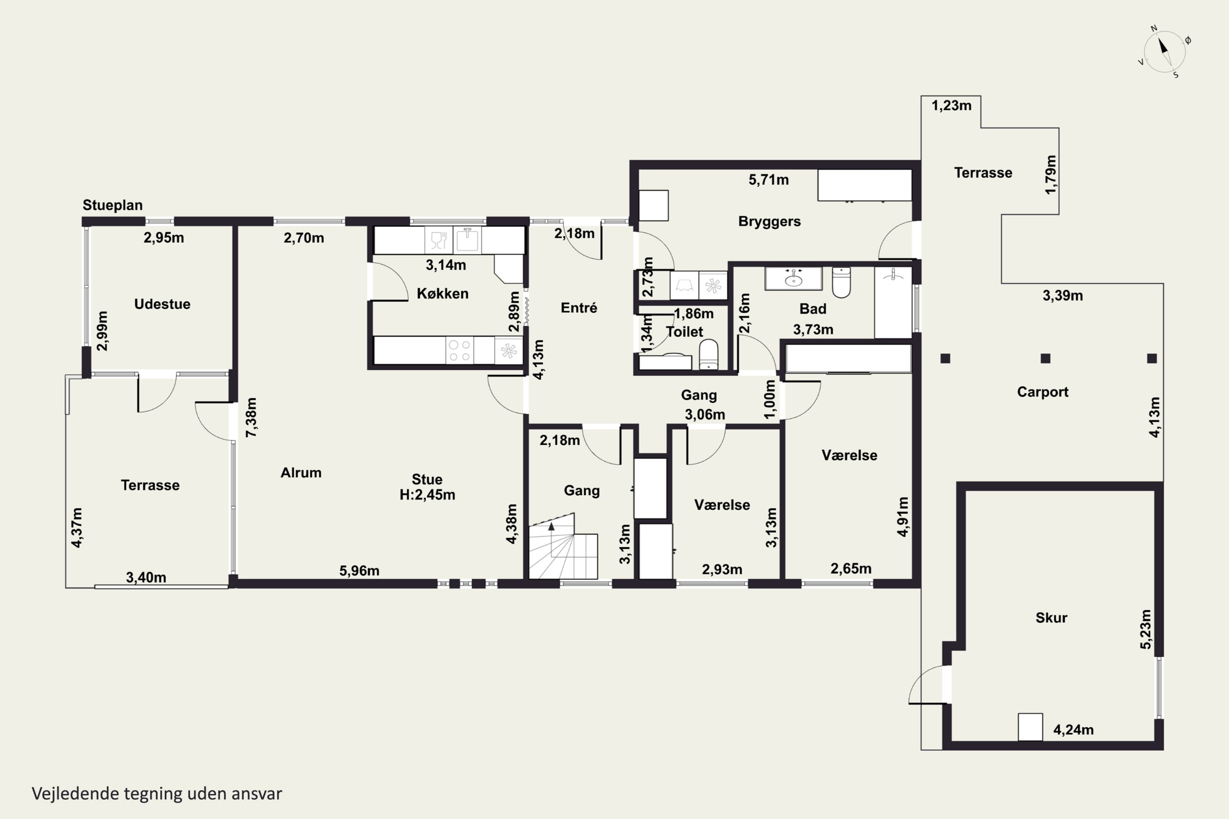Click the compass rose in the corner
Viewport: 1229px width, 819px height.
coord(1165,51)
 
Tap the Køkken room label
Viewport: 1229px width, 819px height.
coord(442,294)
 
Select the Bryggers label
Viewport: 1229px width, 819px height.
coord(769,222)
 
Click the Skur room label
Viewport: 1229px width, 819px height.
coord(1051,618)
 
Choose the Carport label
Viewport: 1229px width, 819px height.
coord(1043,392)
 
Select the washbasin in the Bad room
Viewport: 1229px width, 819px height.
coord(793,278)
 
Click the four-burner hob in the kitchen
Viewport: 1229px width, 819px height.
coord(460,350)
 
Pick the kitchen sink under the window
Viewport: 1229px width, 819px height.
coord(467,240)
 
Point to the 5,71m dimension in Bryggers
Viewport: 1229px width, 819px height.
coord(769,180)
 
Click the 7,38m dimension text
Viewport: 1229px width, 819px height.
coord(252,417)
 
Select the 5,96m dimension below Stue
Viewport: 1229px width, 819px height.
coord(360,571)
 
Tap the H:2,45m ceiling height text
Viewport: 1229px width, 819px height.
coord(427,495)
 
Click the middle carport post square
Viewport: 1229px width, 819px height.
coord(1045,358)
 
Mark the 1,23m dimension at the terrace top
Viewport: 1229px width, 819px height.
coord(952,106)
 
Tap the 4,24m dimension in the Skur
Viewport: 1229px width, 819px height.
coord(1073,730)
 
